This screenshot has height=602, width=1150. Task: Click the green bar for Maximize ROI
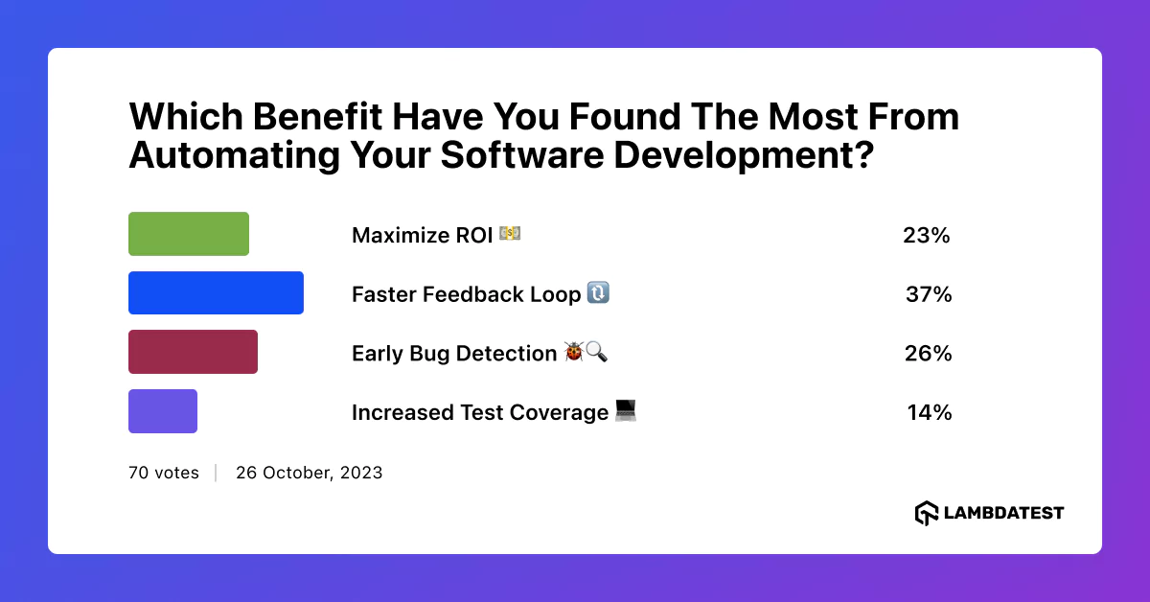tap(189, 234)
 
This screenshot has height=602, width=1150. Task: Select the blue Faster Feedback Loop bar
tap(216, 293)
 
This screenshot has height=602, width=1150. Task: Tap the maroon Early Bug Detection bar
tap(193, 352)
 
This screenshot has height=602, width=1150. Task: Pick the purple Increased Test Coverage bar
tap(163, 411)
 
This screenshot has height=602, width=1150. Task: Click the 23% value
tap(926, 235)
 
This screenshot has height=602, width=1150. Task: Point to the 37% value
tap(929, 294)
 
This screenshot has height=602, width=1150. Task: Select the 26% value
tap(928, 354)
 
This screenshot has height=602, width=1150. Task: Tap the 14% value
tap(929, 413)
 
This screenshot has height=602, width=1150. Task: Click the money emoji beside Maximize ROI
tap(510, 234)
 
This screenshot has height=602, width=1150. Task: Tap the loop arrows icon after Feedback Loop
tap(598, 293)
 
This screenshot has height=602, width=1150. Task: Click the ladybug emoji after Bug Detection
tap(574, 353)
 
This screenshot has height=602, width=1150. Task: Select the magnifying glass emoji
tap(596, 353)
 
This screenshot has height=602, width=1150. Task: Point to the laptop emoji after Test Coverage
tap(626, 411)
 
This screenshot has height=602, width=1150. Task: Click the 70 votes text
tap(164, 473)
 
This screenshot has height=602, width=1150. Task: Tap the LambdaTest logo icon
tap(926, 513)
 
